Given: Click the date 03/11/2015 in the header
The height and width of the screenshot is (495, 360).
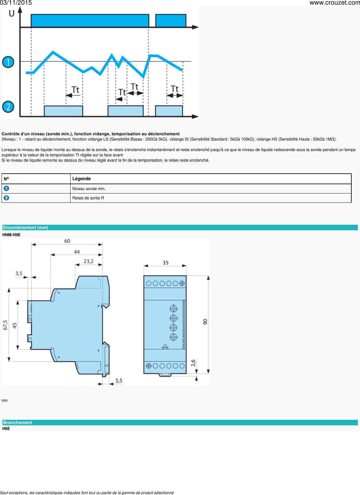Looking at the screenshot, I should tap(16, 3).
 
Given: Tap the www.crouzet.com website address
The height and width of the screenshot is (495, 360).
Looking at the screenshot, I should tap(334, 3).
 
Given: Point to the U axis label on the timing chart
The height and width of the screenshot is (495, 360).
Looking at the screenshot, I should tap(11, 14).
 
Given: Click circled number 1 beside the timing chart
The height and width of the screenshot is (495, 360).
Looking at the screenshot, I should tap(8, 62).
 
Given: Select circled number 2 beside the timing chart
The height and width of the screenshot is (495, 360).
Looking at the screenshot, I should tap(8, 107).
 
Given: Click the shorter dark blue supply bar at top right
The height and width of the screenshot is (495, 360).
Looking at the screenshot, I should tap(171, 21).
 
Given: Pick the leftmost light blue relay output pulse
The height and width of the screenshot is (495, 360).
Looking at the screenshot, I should tap(63, 111).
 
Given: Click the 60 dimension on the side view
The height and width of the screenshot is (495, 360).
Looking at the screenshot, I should tap(67, 241).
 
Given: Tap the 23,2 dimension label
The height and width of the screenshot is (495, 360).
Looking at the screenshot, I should tap(88, 261).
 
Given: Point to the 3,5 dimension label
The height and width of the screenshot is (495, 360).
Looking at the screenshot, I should tap(19, 273).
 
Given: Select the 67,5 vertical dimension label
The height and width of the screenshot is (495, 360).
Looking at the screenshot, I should tap(5, 325).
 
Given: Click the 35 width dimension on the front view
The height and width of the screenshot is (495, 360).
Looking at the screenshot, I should tap(165, 263).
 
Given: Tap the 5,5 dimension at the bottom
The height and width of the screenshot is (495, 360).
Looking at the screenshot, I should tap(119, 380).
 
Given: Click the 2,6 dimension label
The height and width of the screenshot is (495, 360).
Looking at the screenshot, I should tap(193, 363).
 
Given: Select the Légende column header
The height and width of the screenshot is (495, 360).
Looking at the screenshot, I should tap(82, 179).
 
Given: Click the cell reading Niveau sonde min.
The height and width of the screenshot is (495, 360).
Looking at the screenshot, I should tap(89, 189).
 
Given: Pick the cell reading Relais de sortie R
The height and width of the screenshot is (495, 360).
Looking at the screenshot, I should tap(88, 198).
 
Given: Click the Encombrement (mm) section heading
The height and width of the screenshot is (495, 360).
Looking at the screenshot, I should tap(26, 228).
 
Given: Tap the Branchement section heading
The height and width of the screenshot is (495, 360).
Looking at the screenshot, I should tap(18, 423).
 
